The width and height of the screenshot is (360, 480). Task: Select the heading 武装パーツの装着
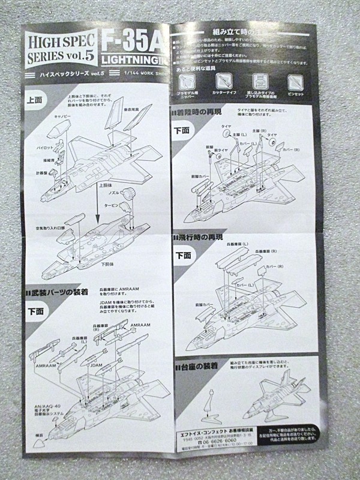60,292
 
